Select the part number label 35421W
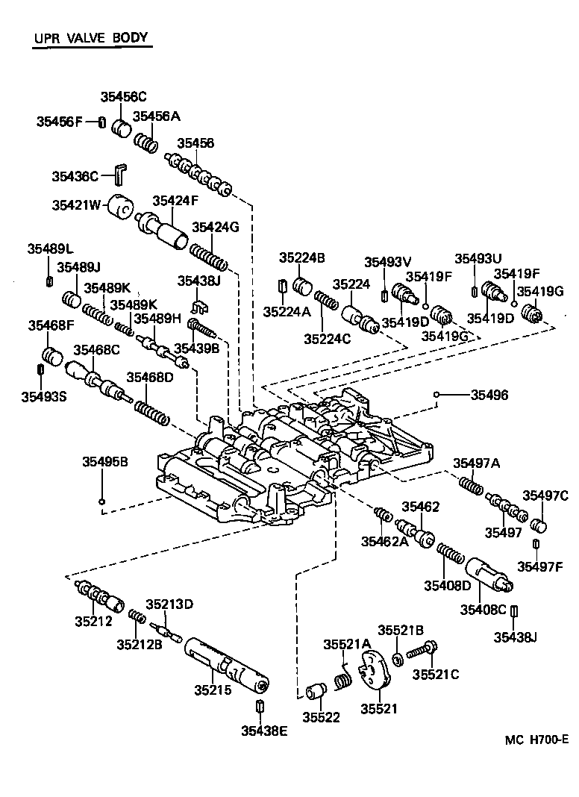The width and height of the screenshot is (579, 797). (75, 204)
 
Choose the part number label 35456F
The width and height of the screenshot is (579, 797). (60, 122)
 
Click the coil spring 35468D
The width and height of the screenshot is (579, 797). (153, 410)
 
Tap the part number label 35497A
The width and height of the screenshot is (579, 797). (476, 463)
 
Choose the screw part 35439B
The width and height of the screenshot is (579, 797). (202, 326)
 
